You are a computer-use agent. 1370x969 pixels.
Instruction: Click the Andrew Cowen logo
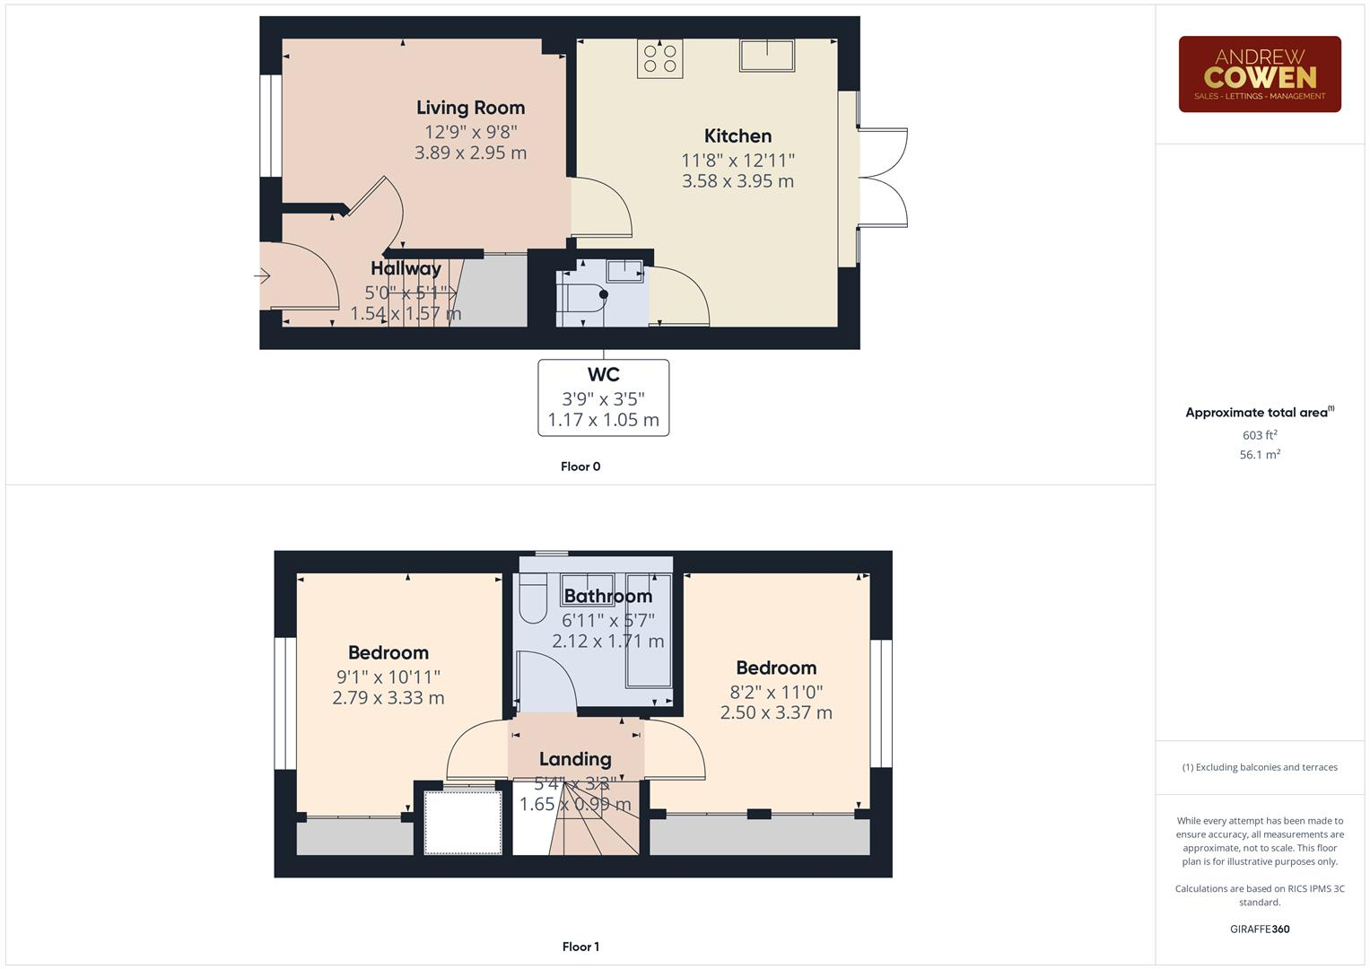click(1259, 74)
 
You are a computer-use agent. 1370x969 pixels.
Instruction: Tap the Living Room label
click(470, 108)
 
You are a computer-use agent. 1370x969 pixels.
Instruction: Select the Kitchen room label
click(737, 136)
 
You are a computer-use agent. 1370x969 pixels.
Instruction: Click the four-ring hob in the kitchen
click(660, 58)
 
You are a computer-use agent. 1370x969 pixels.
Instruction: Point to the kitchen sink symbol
click(766, 56)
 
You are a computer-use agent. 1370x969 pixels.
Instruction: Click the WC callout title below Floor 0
click(603, 375)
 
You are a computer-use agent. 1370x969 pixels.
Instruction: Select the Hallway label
click(406, 268)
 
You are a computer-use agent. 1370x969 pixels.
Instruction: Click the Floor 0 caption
click(580, 467)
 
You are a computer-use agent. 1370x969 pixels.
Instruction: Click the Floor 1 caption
click(580, 947)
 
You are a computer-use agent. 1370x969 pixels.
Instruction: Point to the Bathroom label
click(607, 597)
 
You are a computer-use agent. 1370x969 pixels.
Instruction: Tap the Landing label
click(575, 759)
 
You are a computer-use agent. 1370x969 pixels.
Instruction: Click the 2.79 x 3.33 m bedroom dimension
click(388, 698)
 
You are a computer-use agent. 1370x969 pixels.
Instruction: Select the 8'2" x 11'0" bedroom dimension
click(776, 692)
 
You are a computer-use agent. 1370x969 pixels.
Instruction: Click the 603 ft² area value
click(1259, 435)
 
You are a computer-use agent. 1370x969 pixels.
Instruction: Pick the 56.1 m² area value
click(1259, 455)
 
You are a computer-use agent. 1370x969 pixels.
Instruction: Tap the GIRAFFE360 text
click(1259, 930)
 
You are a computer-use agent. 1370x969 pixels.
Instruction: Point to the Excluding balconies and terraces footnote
click(1259, 767)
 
